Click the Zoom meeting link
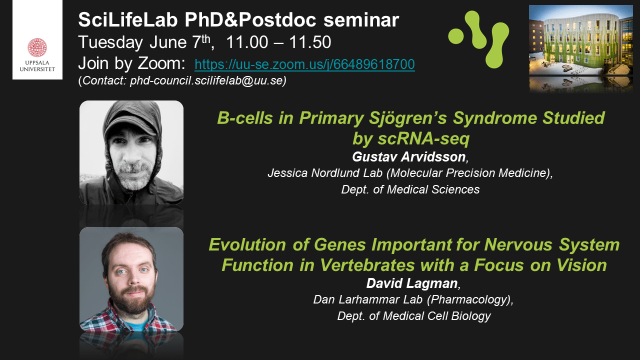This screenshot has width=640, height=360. tap(304, 64)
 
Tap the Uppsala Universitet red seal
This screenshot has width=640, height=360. tap(37, 47)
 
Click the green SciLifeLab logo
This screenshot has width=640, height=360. tap(478, 39)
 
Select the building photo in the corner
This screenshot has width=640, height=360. tap(581, 48)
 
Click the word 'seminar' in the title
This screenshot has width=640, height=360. tap(361, 20)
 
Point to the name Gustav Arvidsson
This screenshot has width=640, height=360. tap(409, 157)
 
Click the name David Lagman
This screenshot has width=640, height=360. tap(412, 283)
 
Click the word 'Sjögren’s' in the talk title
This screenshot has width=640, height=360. tap(407, 118)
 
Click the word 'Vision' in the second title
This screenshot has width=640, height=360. tap(581, 265)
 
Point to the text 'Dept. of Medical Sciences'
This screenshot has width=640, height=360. tap(410, 189)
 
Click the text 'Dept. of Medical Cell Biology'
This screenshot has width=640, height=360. tap(414, 316)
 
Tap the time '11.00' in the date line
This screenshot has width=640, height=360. tap(247, 42)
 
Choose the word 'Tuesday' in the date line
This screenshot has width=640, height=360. tap(110, 42)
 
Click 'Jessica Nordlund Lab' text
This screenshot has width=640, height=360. tap(325, 173)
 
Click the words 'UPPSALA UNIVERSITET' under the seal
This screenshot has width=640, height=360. tap(37, 65)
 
